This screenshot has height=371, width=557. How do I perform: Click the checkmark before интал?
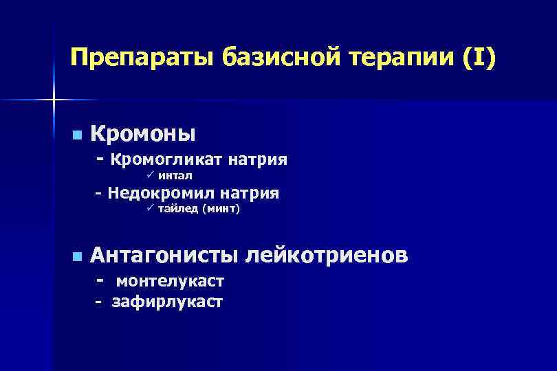pos(151,177)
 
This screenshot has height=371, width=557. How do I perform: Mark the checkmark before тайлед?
pos(151,210)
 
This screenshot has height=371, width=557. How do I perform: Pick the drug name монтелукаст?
pos(170,282)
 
